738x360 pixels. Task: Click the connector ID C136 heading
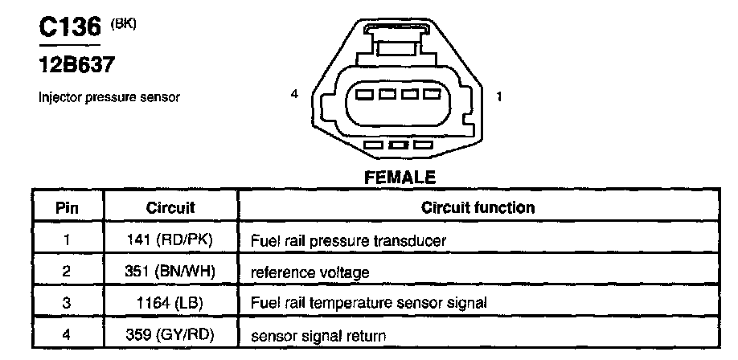[x=70, y=28]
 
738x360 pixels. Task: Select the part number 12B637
[x=73, y=63]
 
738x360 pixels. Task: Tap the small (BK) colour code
[x=125, y=23]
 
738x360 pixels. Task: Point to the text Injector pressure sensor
[x=109, y=98]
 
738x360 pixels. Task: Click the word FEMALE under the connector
[x=400, y=177]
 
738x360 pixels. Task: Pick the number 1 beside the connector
[x=500, y=97]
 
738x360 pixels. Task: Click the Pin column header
[x=67, y=207]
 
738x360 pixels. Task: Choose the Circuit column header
[x=170, y=207]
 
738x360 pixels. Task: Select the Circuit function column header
[x=478, y=207]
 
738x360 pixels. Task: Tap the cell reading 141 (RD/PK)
[x=170, y=239]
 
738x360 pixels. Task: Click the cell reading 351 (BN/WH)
[x=170, y=272]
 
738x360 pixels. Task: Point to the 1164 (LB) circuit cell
[x=170, y=303]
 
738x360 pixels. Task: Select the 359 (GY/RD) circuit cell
[x=170, y=334]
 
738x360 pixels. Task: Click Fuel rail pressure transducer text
[x=348, y=240]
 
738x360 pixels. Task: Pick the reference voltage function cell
[x=310, y=272]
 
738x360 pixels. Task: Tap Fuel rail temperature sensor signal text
[x=370, y=303]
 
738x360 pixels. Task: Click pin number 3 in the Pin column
[x=67, y=303]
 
